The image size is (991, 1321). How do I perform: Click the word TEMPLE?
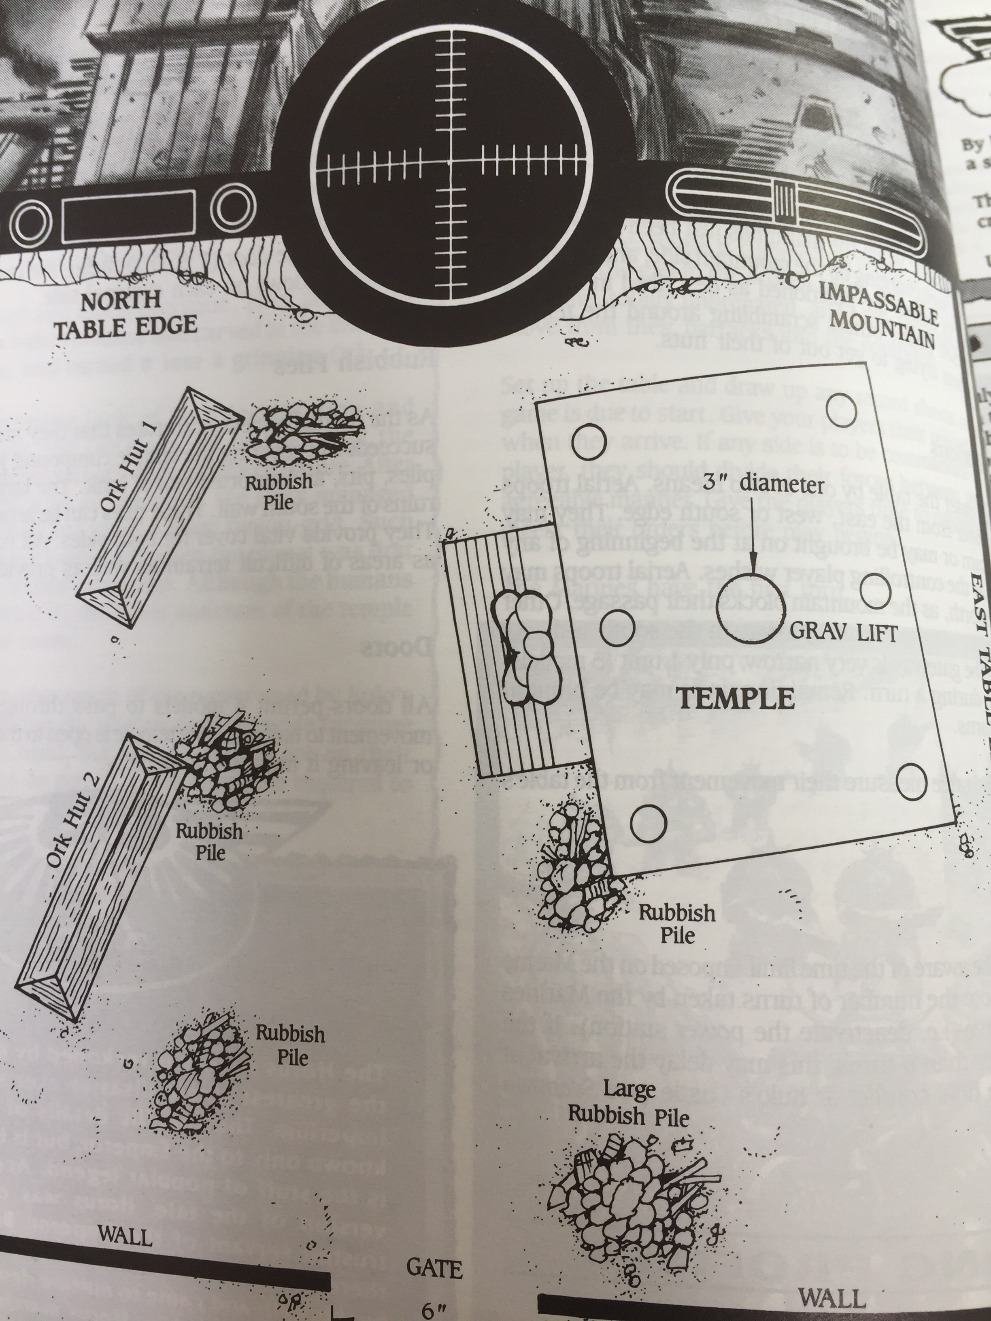[736, 697]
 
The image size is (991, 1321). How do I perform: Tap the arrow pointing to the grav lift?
[752, 537]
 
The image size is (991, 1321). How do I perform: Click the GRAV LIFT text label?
[844, 633]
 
